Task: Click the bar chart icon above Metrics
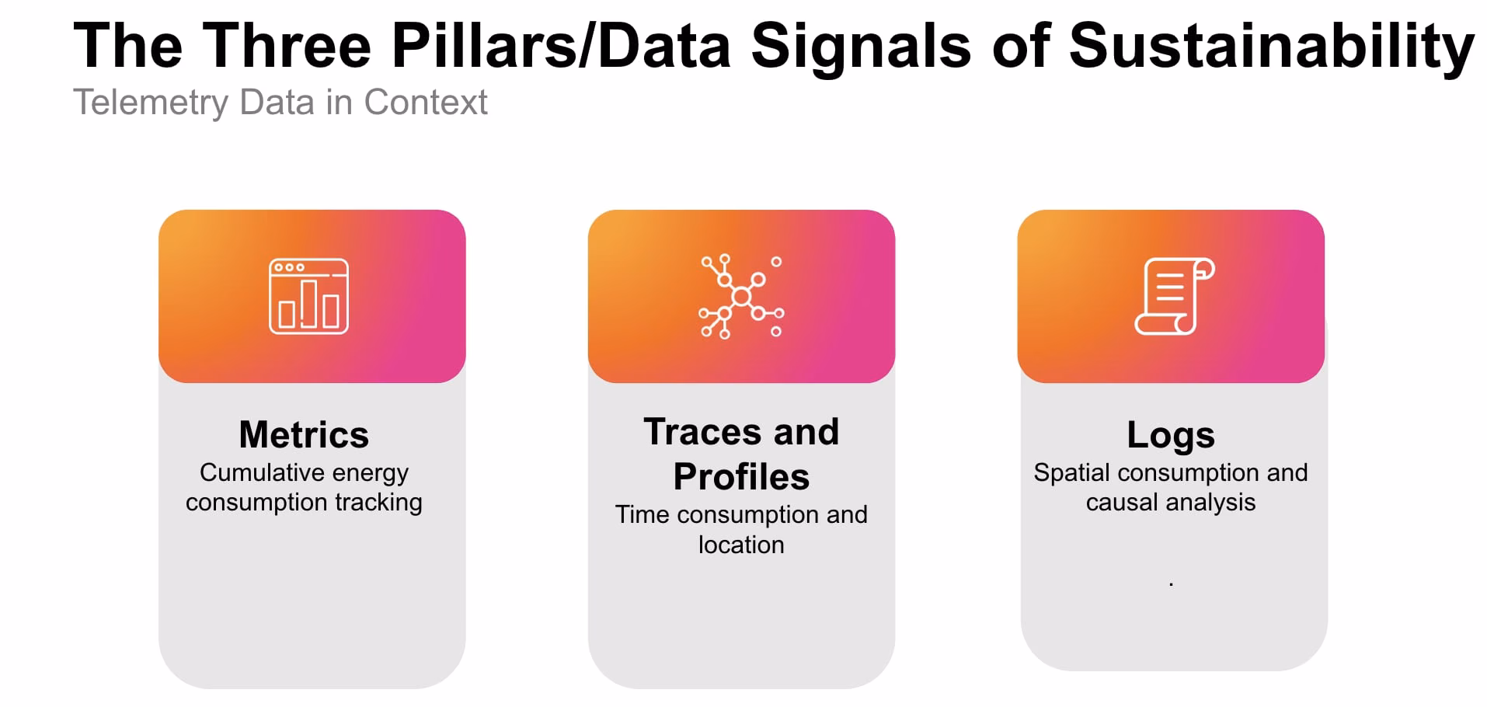pos(308,296)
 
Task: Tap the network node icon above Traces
pos(741,297)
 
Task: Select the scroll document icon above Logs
pos(1174,296)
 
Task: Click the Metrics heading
pos(304,434)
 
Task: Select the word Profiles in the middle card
pos(741,477)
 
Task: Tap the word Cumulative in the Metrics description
pos(250,472)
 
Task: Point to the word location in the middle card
pos(741,545)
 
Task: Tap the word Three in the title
pos(287,46)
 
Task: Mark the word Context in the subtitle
pos(426,102)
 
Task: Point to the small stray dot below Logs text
pos(1171,583)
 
